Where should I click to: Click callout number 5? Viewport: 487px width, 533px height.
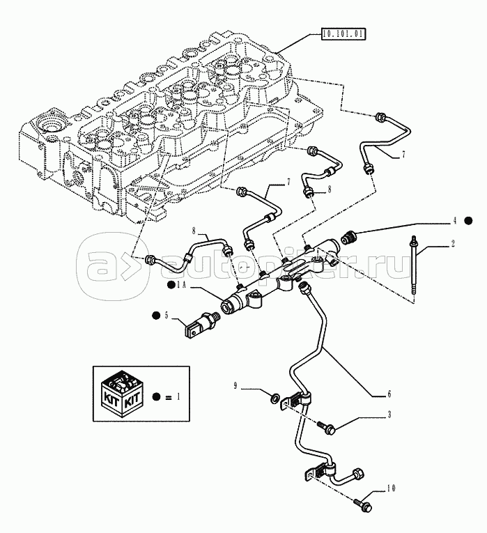point(166,316)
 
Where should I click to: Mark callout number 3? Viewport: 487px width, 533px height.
point(389,415)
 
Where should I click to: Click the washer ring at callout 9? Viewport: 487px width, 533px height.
point(277,399)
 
